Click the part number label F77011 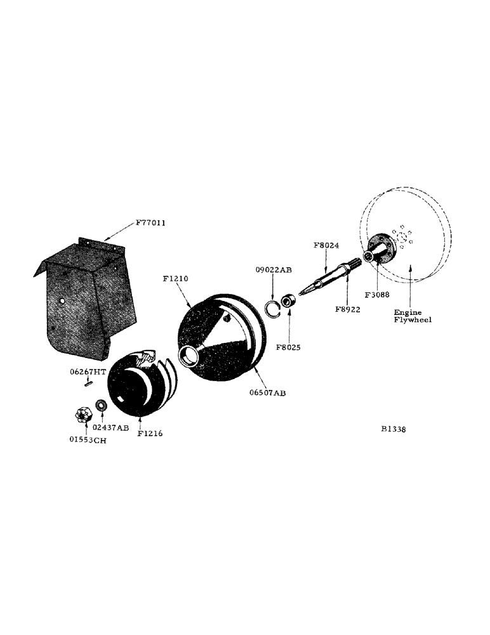(152, 224)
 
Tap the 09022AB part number (275, 270)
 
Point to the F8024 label (327, 244)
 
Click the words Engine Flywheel (413, 316)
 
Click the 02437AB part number (111, 427)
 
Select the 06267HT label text (87, 373)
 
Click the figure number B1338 (393, 429)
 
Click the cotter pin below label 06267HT (88, 382)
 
